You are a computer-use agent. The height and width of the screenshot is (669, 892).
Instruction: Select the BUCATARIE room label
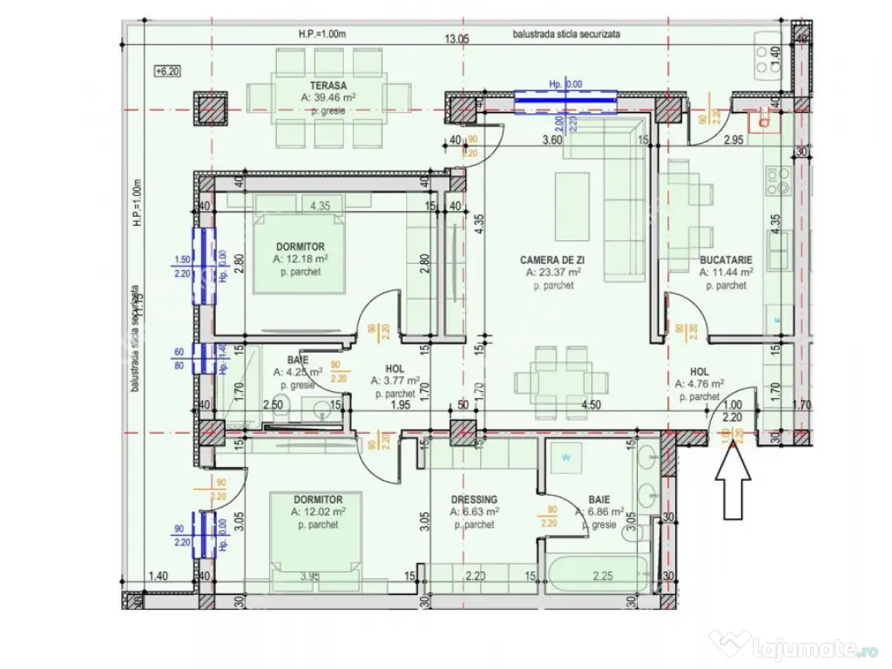pos(726,260)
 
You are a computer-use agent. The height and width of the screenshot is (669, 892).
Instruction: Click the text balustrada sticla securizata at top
pos(566,35)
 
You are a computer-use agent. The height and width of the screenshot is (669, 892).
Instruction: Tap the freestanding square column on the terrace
pos(209,108)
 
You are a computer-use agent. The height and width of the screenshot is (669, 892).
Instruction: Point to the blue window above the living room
pos(565,101)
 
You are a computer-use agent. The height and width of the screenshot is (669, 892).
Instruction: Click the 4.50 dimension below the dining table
pos(591,404)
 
